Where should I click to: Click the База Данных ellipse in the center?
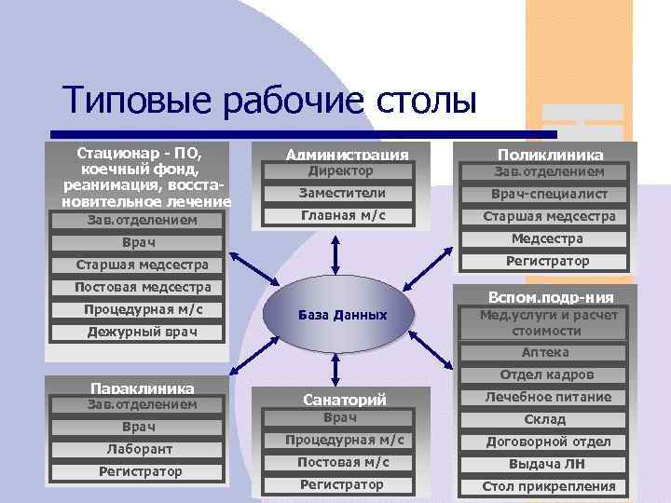[342, 315]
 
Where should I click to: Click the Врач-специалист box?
[549, 194]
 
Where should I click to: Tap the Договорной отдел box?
[548, 442]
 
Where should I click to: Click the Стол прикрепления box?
[548, 486]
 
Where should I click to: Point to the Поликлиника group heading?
[550, 155]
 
